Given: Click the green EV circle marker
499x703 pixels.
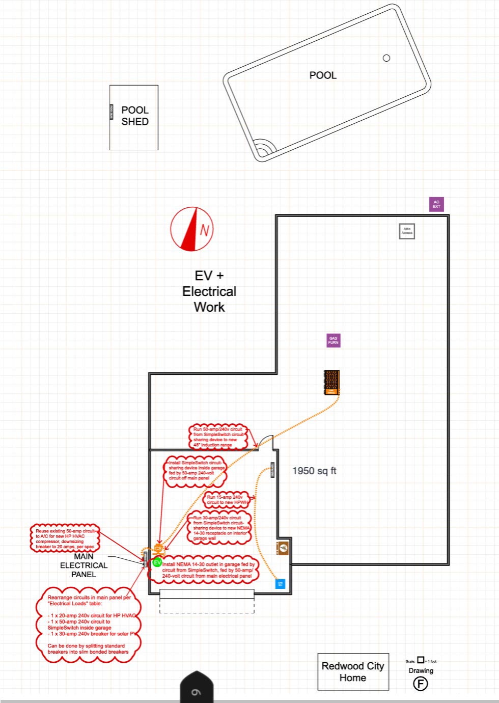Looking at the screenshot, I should click(157, 562).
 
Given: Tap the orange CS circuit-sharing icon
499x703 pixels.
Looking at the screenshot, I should click(158, 549).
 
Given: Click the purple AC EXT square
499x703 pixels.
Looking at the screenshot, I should click(436, 204).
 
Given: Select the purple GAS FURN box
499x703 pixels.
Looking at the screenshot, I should click(333, 340).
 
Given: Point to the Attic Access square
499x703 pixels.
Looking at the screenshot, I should click(407, 231).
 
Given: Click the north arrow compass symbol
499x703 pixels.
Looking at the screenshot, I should click(192, 229).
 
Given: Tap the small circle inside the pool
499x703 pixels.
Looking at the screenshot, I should click(386, 58).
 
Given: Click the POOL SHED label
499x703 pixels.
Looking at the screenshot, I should click(135, 116).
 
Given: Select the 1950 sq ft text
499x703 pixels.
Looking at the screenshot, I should click(314, 471).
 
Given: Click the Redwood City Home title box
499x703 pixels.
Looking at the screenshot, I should click(353, 671).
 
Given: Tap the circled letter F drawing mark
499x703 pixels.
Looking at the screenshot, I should click(420, 683).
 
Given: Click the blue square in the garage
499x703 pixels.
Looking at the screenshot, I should click(280, 583).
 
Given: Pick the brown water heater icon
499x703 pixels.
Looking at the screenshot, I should click(283, 548).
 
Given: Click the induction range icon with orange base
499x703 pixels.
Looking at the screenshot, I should click(331, 382).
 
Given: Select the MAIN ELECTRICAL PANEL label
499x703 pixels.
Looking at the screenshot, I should click(84, 565).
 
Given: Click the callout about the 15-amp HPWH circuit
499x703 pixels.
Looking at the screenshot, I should click(227, 500).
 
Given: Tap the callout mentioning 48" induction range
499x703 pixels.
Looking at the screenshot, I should click(218, 437).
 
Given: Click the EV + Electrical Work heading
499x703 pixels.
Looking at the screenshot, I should click(209, 291).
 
